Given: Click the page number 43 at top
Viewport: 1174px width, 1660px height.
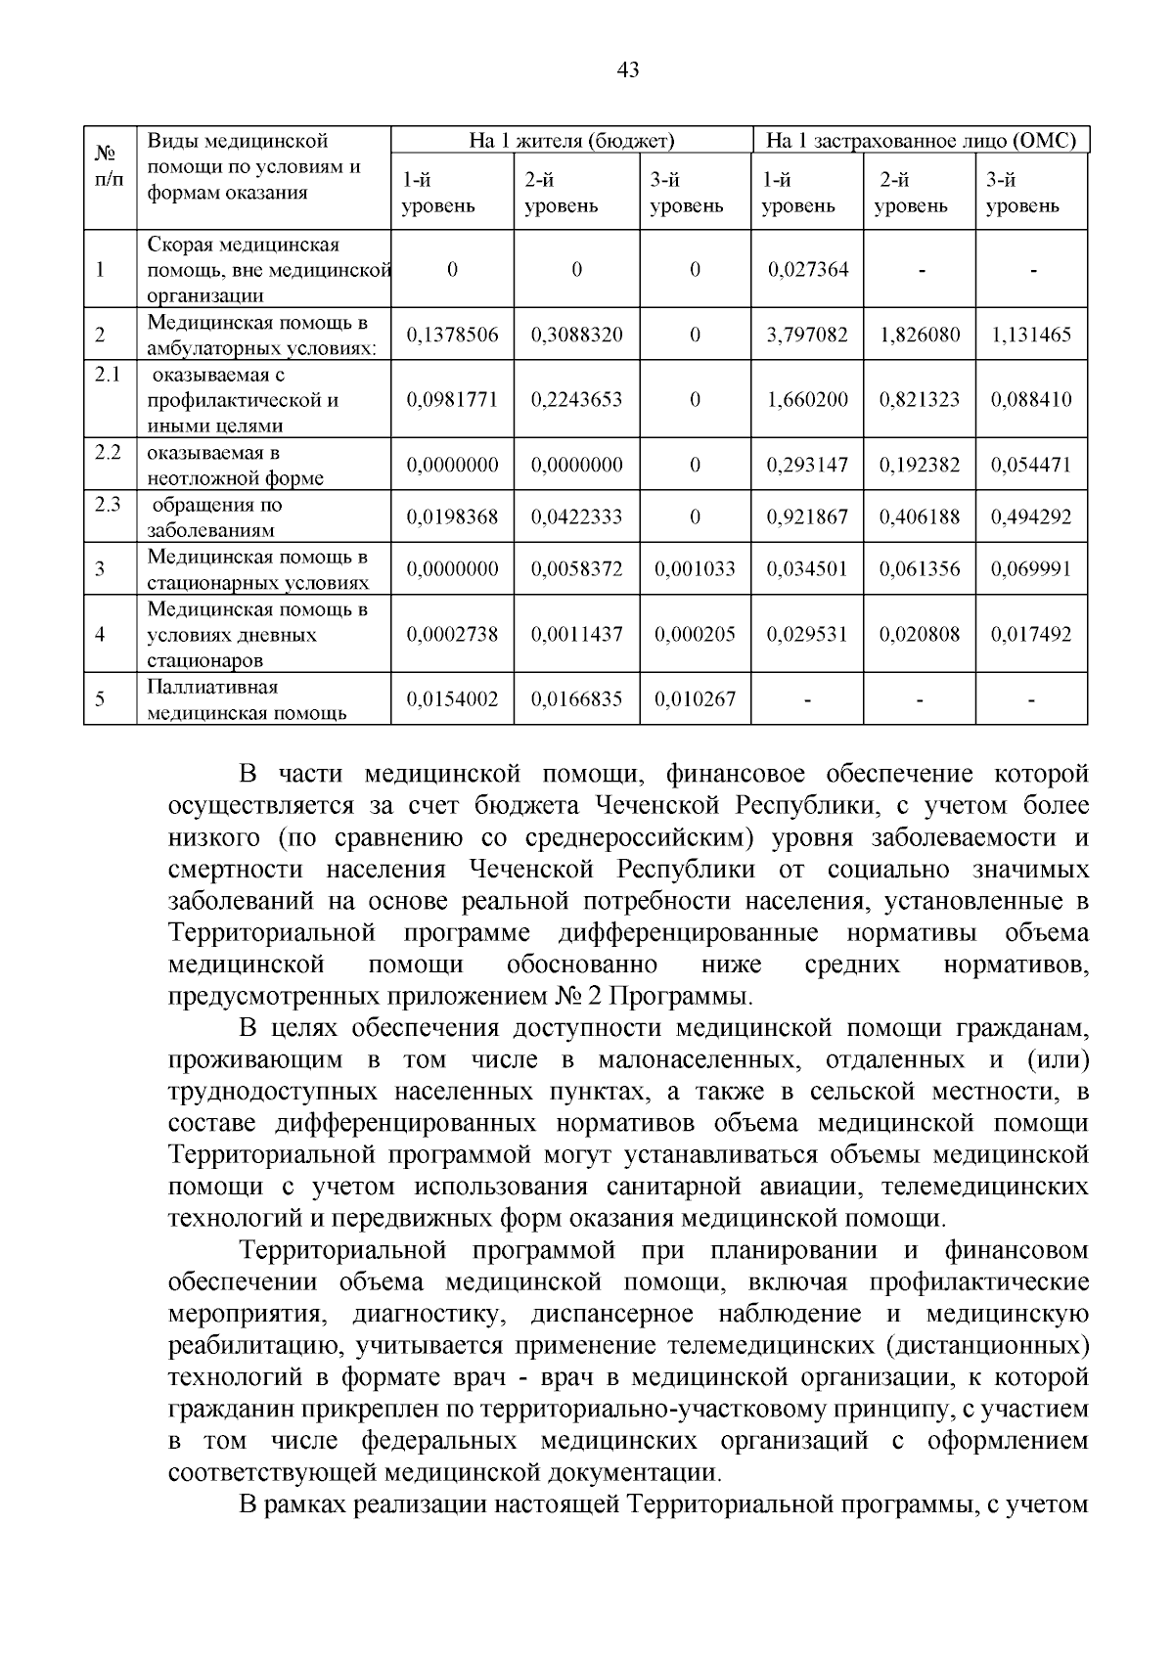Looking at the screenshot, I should point(628,70).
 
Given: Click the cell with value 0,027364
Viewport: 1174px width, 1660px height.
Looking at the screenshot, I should point(807,270).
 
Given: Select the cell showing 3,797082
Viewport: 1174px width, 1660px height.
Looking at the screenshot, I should point(807,336).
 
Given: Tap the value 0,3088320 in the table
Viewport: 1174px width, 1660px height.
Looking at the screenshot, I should point(576,336).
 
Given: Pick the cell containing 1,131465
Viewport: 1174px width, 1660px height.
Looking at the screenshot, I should point(1031,336).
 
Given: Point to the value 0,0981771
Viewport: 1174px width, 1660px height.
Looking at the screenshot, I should point(452,400).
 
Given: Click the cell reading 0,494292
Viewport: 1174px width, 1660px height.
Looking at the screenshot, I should point(1031,517).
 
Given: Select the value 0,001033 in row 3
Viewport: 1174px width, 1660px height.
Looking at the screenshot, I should point(695,569).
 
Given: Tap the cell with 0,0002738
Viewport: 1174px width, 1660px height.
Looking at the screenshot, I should point(452,634).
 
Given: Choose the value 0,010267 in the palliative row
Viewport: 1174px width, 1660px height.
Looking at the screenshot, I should point(695,699).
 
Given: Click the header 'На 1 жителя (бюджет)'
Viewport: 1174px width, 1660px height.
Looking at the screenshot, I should point(571,141).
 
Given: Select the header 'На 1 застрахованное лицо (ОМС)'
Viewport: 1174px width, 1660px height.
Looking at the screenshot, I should point(920,141).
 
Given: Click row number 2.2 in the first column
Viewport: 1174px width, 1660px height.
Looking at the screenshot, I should point(108,452).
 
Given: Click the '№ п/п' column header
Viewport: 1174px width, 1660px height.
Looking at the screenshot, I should point(109,167).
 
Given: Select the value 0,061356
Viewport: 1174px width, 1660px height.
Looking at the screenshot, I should point(919,569).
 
